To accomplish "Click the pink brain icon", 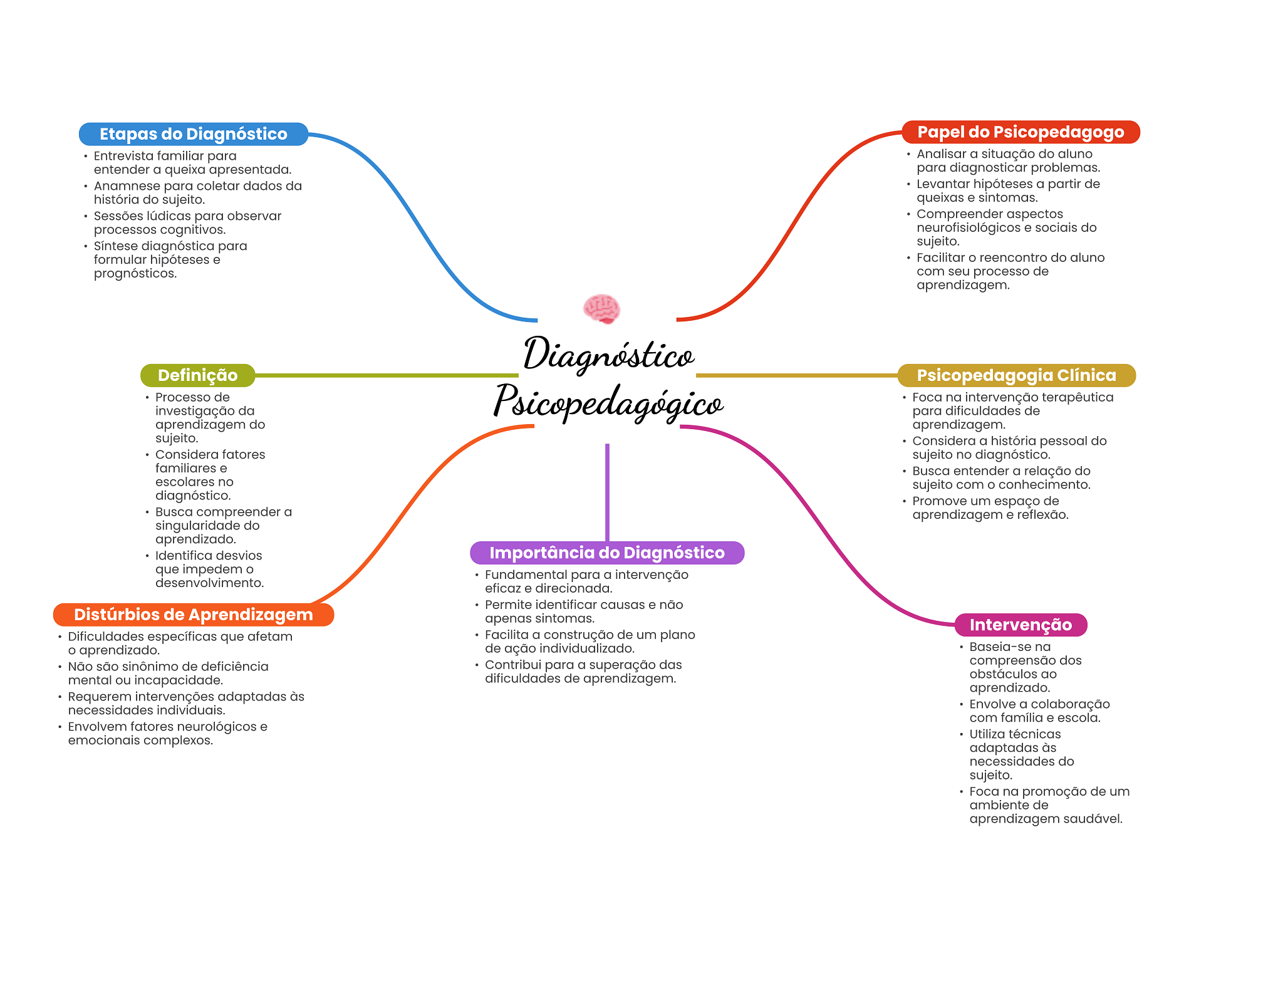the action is (601, 309).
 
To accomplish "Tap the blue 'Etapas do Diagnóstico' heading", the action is (194, 134).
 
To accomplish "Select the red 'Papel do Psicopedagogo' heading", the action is (1021, 132).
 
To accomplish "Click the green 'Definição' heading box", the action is (198, 375).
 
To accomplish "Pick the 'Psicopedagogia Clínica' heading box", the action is (1017, 375).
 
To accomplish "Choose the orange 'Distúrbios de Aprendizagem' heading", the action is (194, 615).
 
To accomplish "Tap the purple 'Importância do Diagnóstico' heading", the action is (607, 553).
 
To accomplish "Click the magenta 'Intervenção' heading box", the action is (1021, 625).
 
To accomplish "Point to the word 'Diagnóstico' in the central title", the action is (609, 355).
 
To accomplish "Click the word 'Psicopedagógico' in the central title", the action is (609, 402).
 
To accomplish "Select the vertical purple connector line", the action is (607, 492).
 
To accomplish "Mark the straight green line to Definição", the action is (387, 375).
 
